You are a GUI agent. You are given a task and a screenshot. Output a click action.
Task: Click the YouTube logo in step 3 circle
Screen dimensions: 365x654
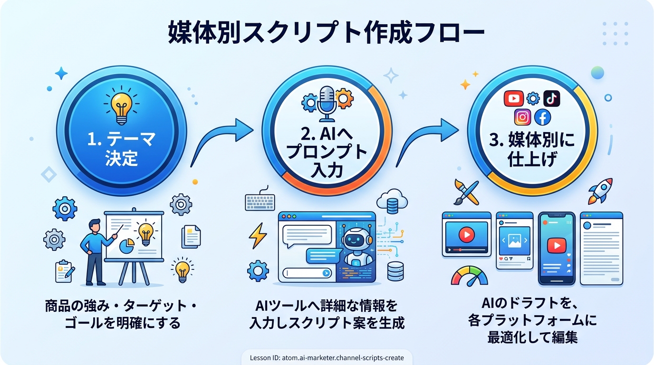tap(513, 98)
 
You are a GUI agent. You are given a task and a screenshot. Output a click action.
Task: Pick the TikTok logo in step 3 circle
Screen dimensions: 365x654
tap(551, 98)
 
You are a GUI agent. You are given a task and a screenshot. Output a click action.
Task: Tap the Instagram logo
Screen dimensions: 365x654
tap(522, 117)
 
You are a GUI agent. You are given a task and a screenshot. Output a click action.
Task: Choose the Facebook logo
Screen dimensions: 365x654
tap(542, 117)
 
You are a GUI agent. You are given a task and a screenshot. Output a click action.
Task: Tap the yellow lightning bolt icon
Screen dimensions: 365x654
tap(258, 236)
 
